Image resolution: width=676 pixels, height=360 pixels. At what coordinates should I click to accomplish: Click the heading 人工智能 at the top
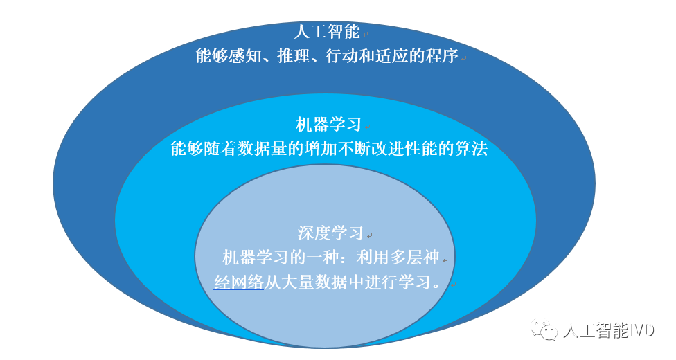pyautogui.click(x=327, y=31)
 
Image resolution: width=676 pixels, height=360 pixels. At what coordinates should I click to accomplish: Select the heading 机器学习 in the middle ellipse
pyautogui.click(x=328, y=125)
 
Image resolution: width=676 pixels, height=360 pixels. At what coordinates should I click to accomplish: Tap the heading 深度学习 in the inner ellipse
pyautogui.click(x=330, y=233)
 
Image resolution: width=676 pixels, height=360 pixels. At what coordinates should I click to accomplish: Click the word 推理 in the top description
pyautogui.click(x=294, y=56)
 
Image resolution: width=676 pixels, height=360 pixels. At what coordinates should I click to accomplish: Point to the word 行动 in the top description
pyautogui.click(x=342, y=56)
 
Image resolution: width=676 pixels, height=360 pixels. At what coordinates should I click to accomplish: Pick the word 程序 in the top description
pyautogui.click(x=442, y=56)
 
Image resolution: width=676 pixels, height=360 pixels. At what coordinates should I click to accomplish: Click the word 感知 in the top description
pyautogui.click(x=245, y=56)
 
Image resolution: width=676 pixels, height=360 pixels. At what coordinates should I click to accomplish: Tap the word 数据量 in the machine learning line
pyautogui.click(x=262, y=148)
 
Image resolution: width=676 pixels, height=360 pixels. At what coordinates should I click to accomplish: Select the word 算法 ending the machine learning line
pyautogui.click(x=471, y=148)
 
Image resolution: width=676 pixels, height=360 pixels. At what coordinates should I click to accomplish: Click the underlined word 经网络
pyautogui.click(x=238, y=282)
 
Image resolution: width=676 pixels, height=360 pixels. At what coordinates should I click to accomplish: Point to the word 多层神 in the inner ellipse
pyautogui.click(x=415, y=258)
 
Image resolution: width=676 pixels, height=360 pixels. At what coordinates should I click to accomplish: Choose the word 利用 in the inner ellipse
pyautogui.click(x=373, y=258)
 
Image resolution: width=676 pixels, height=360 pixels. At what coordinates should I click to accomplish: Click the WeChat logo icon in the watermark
pyautogui.click(x=544, y=330)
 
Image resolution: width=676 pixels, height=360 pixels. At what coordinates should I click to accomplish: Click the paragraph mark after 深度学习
pyautogui.click(x=369, y=236)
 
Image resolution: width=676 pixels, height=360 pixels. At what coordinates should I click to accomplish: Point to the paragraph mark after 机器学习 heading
pyautogui.click(x=367, y=127)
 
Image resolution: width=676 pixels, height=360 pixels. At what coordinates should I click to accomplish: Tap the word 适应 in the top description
pyautogui.click(x=391, y=56)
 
